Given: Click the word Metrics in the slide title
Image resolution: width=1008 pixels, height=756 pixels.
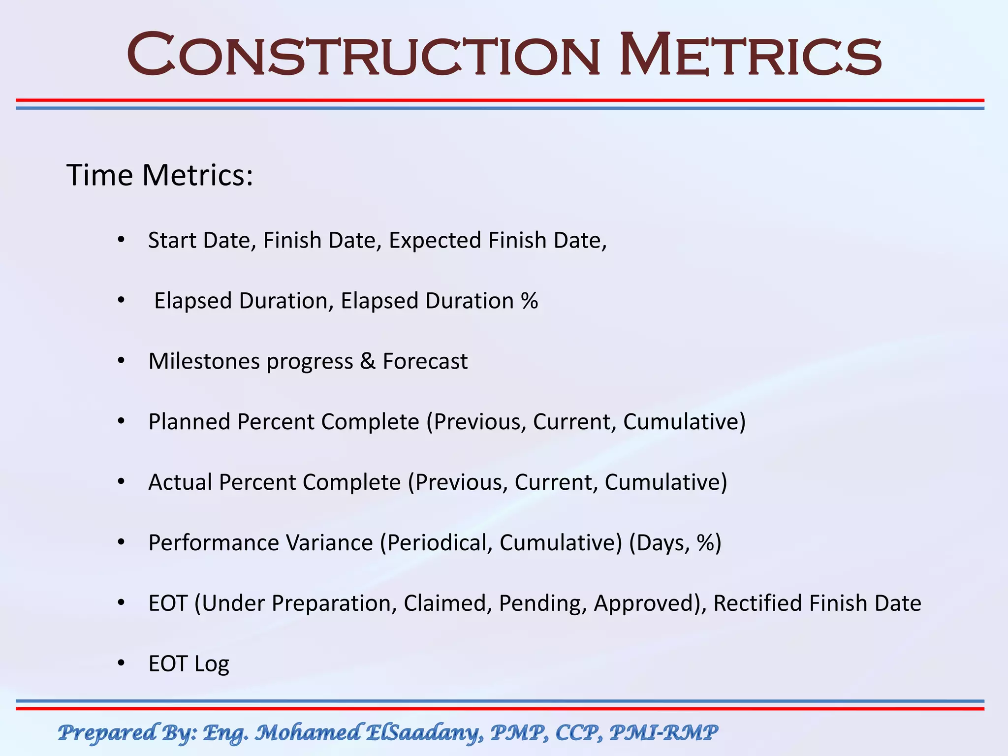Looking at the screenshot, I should click(x=749, y=54).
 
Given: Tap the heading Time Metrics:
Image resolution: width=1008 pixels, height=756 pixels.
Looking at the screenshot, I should click(x=159, y=175).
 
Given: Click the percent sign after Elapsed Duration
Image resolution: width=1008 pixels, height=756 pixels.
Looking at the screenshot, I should click(x=529, y=301).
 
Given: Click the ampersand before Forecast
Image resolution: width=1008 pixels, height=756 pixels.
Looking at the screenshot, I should click(x=367, y=361).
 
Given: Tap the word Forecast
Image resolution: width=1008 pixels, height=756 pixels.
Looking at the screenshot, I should click(x=425, y=361).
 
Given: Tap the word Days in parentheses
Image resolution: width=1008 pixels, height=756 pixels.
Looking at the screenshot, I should click(x=661, y=543).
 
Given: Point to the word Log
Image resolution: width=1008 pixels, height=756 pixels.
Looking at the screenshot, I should click(x=212, y=664).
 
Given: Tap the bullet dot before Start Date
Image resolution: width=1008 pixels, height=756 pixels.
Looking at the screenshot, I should click(x=121, y=241).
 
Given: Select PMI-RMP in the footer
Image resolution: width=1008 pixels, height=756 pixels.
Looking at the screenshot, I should click(x=663, y=733).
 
